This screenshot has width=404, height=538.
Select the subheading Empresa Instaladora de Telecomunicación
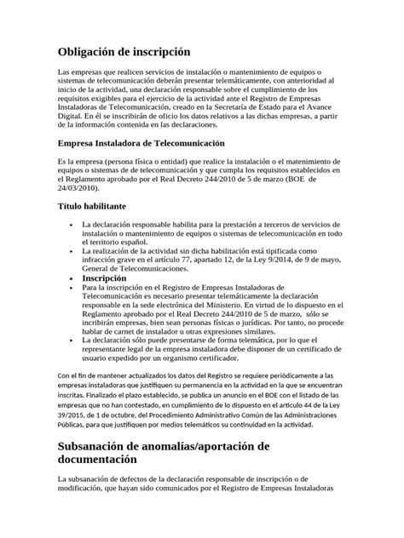[140, 144]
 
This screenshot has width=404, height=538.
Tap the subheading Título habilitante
[92, 207]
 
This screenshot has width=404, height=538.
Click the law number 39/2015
[73, 421]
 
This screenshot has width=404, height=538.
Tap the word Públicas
[74, 430]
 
